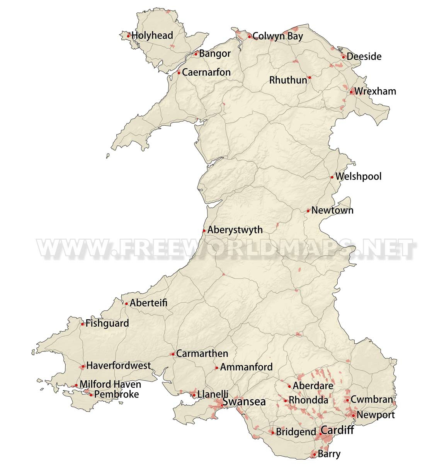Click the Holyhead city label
(x=152, y=36)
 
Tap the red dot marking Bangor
(x=196, y=54)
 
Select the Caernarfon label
(x=206, y=72)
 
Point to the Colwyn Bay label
(x=277, y=36)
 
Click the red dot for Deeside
(x=343, y=57)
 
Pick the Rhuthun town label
(x=288, y=80)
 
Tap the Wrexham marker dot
(x=352, y=92)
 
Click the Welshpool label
(x=358, y=177)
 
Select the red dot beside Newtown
(x=308, y=211)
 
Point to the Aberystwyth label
(x=235, y=230)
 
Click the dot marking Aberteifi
(x=126, y=304)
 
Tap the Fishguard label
(x=107, y=323)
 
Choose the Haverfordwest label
(x=118, y=366)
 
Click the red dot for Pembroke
(x=91, y=395)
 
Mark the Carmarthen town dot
(x=173, y=354)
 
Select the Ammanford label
(x=246, y=367)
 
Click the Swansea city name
(x=244, y=402)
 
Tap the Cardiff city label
(x=337, y=430)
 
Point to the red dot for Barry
(x=314, y=455)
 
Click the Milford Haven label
(x=110, y=385)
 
